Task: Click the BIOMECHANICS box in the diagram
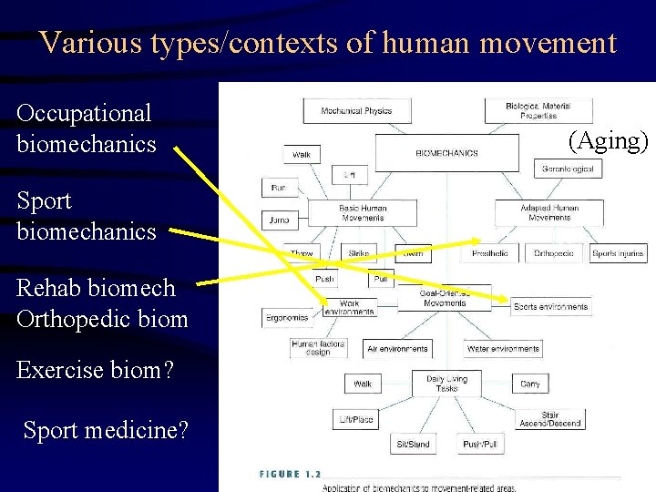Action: coord(446,152)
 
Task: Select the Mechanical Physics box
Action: coord(356,111)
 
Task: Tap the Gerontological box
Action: coord(569,169)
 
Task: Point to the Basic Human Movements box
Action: coord(363,213)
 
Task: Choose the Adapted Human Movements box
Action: coord(549,213)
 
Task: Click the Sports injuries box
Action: coord(619,253)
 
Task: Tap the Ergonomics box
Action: coord(288,318)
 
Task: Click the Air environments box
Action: coord(397,349)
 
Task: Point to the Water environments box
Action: coord(503,349)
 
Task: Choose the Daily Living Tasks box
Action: coord(446,383)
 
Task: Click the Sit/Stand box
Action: coord(414,445)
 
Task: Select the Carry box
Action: coord(530,384)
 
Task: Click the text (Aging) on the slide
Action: coord(608,140)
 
